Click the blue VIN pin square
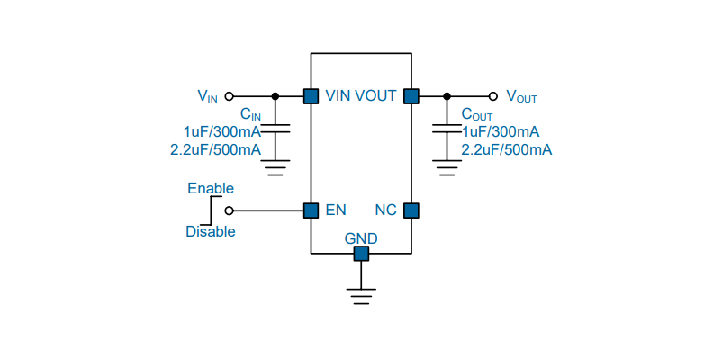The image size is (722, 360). pos(311,96)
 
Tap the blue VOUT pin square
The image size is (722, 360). pos(411,96)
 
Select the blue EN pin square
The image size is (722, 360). pos(311,211)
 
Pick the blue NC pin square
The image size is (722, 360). pos(411,211)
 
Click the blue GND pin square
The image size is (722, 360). pos(361,253)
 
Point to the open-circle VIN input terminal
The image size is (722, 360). pos(229,96)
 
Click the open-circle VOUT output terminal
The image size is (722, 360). pos(493,96)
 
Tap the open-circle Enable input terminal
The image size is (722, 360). pos(229,211)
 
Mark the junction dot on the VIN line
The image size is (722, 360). pos(275,96)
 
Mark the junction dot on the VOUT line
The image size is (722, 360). pos(447,96)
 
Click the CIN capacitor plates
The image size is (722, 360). pos(275,128)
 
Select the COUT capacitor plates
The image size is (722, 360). pos(447,128)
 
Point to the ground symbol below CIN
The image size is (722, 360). pos(275,168)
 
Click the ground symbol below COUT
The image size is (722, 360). pos(447,168)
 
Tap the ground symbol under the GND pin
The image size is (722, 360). pos(361,296)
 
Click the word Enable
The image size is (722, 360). pos(211,189)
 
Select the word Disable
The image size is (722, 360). pos(211,231)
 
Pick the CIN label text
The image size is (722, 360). pos(251,114)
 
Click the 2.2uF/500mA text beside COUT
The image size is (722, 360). pos(507,150)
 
